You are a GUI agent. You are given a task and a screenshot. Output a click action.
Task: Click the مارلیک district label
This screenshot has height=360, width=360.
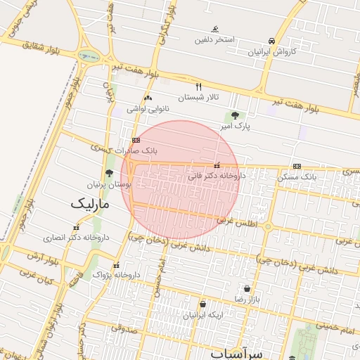91,205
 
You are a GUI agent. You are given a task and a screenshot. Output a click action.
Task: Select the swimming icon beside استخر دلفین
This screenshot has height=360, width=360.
215,30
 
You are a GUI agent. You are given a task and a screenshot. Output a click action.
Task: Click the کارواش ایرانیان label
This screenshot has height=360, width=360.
271,52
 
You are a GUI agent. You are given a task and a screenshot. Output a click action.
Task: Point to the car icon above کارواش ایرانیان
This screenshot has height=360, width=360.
271,41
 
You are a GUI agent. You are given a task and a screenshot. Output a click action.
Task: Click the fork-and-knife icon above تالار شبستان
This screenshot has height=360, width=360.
199,86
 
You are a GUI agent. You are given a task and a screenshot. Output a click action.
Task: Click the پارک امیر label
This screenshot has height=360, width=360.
233,126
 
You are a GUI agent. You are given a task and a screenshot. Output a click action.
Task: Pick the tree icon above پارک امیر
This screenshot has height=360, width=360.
234,115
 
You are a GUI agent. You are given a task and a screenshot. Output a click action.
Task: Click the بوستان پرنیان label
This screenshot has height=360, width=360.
109,184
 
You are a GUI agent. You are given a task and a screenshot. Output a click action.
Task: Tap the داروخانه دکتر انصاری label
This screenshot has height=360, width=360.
76,238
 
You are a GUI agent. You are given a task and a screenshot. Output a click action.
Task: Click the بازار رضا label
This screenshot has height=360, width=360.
247,299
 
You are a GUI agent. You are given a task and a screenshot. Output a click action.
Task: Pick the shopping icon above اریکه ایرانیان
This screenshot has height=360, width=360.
202,304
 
